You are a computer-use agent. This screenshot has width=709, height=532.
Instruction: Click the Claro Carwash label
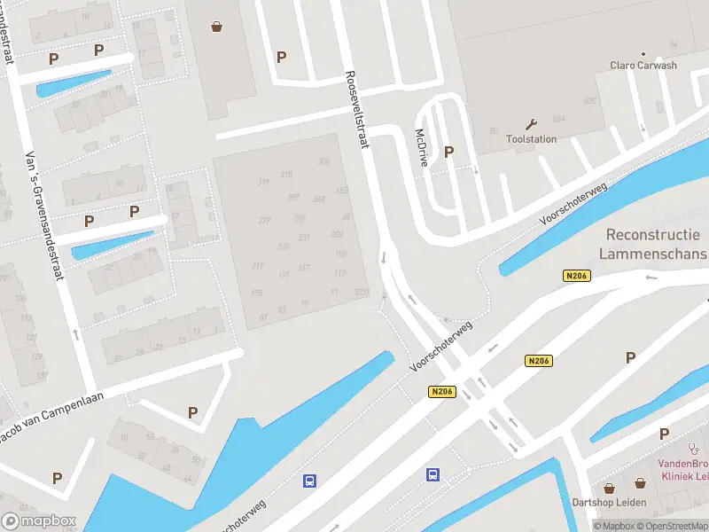(643, 66)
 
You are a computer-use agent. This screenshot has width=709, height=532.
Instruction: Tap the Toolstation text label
(531, 139)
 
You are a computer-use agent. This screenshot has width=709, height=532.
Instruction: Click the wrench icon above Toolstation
(531, 124)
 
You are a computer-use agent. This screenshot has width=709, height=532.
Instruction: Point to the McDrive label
(422, 147)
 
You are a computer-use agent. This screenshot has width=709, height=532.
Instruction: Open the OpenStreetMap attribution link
(676, 527)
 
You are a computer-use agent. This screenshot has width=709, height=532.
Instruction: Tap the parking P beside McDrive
(448, 153)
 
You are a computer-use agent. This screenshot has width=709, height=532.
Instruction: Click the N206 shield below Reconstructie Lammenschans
(576, 277)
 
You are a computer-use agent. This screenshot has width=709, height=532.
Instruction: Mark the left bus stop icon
(309, 481)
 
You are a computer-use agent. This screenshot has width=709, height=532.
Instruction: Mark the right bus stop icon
(433, 474)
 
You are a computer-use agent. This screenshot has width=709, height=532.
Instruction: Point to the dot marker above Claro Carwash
(643, 54)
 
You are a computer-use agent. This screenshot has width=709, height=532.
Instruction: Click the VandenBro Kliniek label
(682, 470)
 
